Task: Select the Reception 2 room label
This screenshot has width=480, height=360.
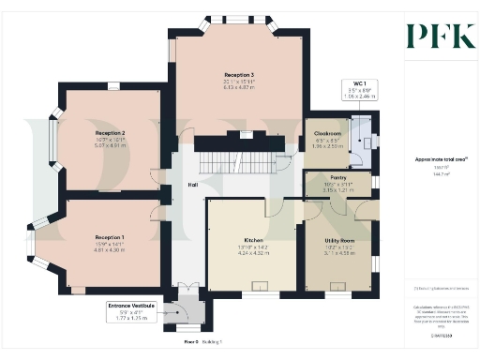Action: (x=110, y=134)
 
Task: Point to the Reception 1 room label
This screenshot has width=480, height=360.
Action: (x=110, y=237)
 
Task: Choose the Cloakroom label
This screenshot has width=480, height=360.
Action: (x=325, y=134)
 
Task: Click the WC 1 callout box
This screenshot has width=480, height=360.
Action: (x=358, y=91)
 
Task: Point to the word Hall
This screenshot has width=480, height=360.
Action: (x=191, y=184)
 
